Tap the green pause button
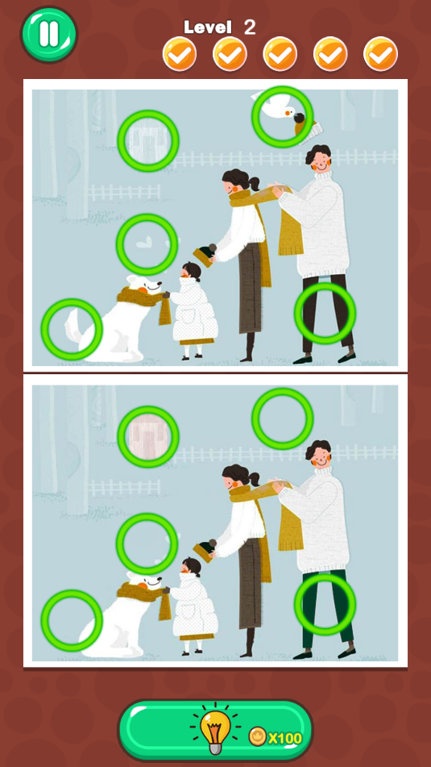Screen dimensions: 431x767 (x=49, y=34)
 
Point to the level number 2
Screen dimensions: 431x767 (x=250, y=27)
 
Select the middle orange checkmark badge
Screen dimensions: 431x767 (x=280, y=54)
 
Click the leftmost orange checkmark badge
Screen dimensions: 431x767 (x=180, y=54)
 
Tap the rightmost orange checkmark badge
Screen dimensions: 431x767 (x=381, y=54)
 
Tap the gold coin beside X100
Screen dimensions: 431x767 (x=258, y=736)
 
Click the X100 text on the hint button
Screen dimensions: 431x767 (x=285, y=738)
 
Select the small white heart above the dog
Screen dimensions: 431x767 (x=143, y=242)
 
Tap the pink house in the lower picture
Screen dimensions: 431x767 (x=148, y=436)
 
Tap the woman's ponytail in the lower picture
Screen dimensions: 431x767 (x=253, y=477)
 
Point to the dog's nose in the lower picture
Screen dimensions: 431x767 (x=159, y=578)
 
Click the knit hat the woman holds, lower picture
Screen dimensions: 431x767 (x=205, y=550)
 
